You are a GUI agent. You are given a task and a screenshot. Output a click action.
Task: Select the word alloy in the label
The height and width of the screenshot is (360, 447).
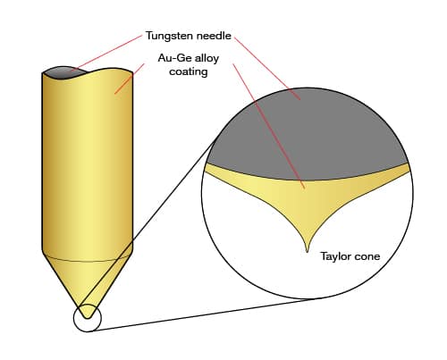pos(204,58)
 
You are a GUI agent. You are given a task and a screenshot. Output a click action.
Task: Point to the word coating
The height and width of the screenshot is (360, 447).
pos(189,72)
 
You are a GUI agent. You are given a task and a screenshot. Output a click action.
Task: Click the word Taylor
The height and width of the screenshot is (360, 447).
pos(334,256)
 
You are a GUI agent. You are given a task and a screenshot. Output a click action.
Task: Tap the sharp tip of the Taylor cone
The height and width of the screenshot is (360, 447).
pos(308,253)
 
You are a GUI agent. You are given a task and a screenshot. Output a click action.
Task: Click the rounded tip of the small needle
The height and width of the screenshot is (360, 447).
pos(88,318)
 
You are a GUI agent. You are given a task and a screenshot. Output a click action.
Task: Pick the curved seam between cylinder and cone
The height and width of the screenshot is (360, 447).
pos(88,261)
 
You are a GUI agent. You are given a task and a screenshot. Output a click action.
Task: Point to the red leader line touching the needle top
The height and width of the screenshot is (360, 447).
pos(106,54)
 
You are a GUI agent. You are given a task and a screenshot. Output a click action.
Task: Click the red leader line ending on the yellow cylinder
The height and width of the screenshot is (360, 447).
pos(130,79)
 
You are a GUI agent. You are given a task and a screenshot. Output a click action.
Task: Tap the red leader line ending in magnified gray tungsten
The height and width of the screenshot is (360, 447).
pos(267,69)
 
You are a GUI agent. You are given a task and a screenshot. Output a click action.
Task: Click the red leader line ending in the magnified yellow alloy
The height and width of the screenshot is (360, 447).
pos(269,126)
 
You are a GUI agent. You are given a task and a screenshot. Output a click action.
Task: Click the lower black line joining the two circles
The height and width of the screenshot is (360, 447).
pos(204,314)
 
